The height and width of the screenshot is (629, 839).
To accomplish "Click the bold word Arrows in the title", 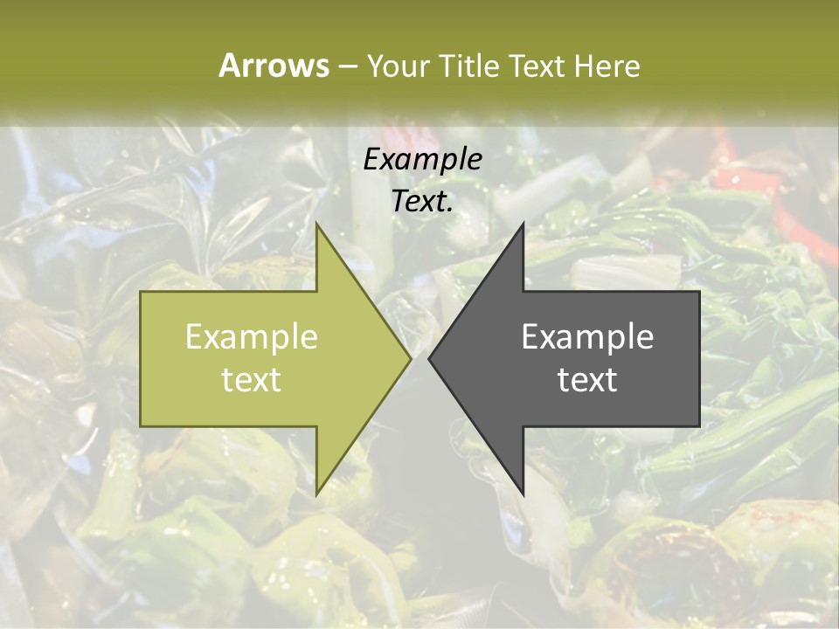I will click(274, 66).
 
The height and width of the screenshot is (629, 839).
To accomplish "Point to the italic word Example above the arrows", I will click(422, 159).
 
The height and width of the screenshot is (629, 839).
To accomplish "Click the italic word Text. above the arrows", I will click(422, 201).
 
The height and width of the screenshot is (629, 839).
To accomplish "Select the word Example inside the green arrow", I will click(251, 336).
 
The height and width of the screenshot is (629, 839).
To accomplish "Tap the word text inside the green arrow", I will click(251, 379).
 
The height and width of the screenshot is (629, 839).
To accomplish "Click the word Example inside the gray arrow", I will click(587, 336).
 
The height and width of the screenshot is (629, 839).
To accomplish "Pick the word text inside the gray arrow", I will click(587, 379).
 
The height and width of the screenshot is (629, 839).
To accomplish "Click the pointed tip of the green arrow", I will click(409, 358).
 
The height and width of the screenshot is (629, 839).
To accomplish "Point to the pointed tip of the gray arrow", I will click(430, 358).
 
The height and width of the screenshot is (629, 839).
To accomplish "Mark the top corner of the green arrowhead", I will click(317, 225).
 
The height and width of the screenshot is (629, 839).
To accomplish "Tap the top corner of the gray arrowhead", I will click(523, 225).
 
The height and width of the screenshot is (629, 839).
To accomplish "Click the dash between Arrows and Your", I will click(346, 66).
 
